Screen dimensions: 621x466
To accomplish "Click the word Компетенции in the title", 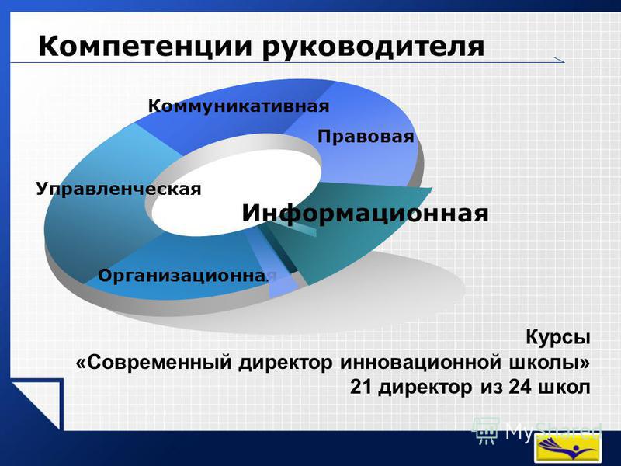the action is coord(145,47).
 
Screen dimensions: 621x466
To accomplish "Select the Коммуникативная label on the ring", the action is coord(239,106).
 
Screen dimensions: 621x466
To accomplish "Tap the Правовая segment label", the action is coord(366,137).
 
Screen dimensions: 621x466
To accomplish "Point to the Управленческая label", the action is coord(119,189).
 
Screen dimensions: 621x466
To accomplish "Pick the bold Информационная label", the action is coord(365,214).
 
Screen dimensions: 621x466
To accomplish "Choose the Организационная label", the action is coord(187,276).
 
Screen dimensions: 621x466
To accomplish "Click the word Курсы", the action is coord(558,338).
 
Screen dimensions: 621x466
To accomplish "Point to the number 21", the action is coord(361,387).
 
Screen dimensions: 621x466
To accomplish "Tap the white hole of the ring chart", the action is coord(236,195).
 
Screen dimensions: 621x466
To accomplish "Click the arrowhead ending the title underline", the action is coord(559,61).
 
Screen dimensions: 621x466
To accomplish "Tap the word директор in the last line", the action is coord(425,387).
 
